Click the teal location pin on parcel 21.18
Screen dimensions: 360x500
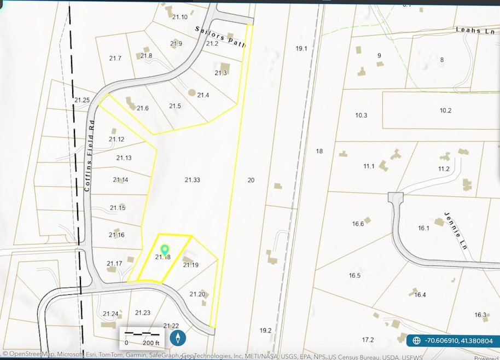click(164, 251)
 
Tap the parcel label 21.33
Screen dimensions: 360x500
click(192, 180)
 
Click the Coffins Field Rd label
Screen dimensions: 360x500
click(90, 155)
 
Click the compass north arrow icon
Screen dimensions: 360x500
click(177, 338)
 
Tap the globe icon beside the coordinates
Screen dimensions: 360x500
click(416, 340)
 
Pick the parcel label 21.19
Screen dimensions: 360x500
click(190, 265)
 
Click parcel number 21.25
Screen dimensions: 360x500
click(82, 100)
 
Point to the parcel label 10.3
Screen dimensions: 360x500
click(361, 115)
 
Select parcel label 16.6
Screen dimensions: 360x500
click(358, 223)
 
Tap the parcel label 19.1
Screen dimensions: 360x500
click(301, 48)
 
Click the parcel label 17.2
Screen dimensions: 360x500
click(368, 340)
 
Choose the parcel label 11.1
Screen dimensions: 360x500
click(369, 166)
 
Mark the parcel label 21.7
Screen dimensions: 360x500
click(115, 58)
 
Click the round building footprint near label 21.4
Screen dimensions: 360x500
click(191, 92)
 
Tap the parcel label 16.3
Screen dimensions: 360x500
click(480, 315)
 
